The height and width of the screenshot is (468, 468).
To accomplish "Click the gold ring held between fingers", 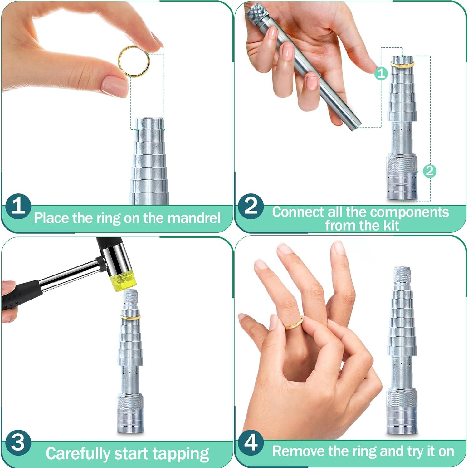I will tap(134, 61).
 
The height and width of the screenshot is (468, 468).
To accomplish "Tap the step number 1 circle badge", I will tap(18, 206).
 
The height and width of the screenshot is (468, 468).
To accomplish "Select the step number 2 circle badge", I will tap(251, 206).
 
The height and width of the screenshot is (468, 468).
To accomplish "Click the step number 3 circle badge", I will tap(18, 443).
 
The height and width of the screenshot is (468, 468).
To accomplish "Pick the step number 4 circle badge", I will tap(251, 442).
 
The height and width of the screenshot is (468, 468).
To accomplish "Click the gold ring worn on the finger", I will tap(294, 324).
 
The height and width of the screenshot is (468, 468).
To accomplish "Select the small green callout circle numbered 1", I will tap(381, 74).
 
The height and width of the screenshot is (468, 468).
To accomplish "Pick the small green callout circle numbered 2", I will tap(430, 171).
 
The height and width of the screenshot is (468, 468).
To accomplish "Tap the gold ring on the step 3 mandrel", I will tap(130, 317).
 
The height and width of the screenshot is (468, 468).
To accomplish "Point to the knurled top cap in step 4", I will tap(402, 275).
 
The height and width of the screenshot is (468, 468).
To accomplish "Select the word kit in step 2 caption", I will tap(391, 225).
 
